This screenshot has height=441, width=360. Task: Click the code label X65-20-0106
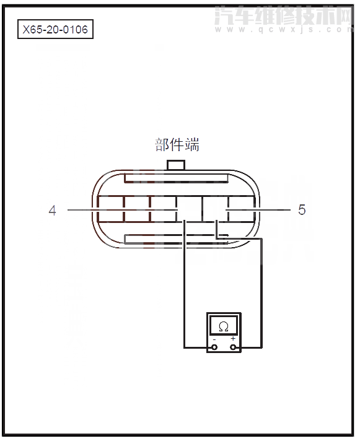click(x=55, y=29)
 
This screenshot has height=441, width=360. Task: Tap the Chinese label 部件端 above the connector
click(x=177, y=145)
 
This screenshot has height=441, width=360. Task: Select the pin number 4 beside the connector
click(x=53, y=211)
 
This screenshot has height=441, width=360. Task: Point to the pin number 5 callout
click(x=302, y=210)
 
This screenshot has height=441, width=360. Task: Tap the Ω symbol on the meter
click(x=224, y=326)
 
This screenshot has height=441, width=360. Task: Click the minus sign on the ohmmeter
click(x=214, y=339)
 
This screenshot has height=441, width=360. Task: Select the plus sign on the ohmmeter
click(x=233, y=339)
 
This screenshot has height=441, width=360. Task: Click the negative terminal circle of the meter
click(x=214, y=347)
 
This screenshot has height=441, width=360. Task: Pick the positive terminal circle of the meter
click(x=234, y=347)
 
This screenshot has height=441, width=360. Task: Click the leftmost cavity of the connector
click(x=110, y=210)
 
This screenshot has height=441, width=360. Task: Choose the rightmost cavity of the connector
click(x=242, y=210)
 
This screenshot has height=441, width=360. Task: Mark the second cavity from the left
click(x=136, y=210)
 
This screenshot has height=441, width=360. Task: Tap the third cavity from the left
click(x=162, y=210)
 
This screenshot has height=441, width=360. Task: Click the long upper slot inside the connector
click(x=176, y=178)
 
